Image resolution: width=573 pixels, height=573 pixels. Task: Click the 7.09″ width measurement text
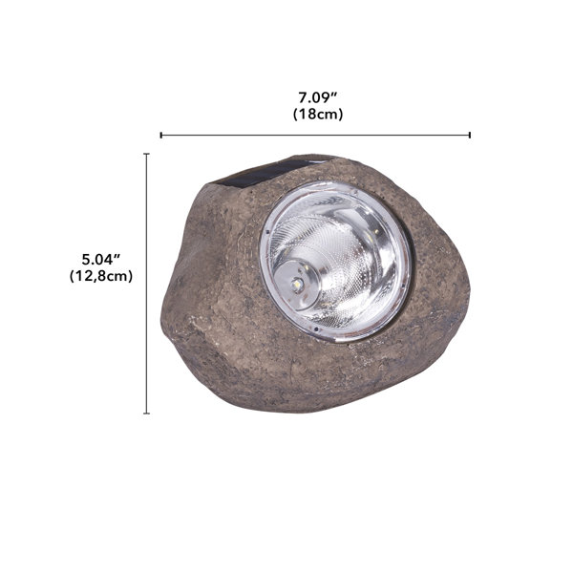click(317, 96)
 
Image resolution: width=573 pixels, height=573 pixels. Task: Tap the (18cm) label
click(317, 114)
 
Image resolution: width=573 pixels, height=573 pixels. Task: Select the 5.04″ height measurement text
click(100, 259)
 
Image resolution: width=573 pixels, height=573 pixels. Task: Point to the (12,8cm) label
click(100, 276)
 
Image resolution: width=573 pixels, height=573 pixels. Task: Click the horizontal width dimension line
click(315, 136)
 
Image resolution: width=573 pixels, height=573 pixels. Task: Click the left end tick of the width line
click(160, 136)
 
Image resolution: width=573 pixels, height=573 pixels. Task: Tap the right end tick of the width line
click(470, 136)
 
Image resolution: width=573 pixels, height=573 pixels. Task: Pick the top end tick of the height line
click(146, 154)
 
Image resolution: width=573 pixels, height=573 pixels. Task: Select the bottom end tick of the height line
click(146, 413)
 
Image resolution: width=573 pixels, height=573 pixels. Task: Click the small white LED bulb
click(297, 285)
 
